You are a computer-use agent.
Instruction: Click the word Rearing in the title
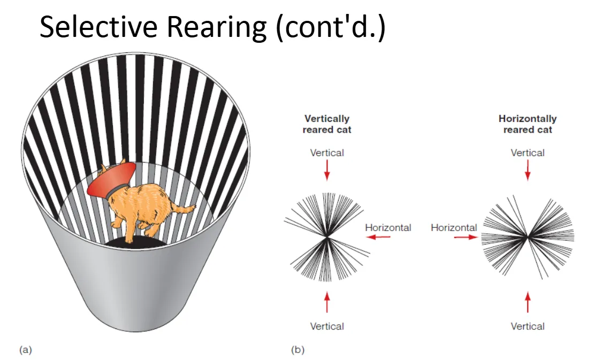[x=216, y=28]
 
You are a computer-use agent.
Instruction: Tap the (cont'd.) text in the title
[x=331, y=27]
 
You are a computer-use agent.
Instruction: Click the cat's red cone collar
[x=111, y=179]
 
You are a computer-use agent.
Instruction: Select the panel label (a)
[x=26, y=349]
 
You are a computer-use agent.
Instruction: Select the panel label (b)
[x=298, y=349]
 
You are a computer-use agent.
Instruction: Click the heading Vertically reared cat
[x=327, y=124]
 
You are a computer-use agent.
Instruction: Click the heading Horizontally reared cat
[x=528, y=124]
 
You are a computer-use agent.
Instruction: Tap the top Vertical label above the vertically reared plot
[x=327, y=153]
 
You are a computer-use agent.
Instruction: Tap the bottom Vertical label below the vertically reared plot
[x=327, y=326]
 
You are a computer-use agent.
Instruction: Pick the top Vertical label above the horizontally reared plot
[x=528, y=153]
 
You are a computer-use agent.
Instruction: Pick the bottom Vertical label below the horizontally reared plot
[x=528, y=326]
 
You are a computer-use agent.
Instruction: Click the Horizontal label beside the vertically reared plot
[x=388, y=227]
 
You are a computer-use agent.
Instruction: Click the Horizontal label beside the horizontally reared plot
[x=454, y=227]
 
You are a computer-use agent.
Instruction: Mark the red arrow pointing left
[x=378, y=237]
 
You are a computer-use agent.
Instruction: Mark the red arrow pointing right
[x=466, y=237]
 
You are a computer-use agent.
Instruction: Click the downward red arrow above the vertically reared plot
[x=327, y=170]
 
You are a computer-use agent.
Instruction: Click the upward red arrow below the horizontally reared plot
[x=528, y=302]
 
